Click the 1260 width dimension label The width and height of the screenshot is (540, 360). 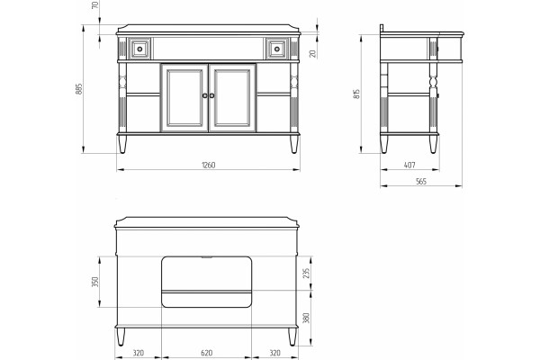click(209, 165)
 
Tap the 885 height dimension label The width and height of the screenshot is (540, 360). click(79, 89)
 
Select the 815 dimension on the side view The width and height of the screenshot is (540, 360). click(356, 94)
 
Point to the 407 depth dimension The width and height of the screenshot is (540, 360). click(409, 165)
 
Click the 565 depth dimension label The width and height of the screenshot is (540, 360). click(421, 181)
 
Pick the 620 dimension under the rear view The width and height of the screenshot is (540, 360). click(206, 353)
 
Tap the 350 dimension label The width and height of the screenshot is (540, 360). click(95, 282)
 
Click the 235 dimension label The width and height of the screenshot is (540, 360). click(306, 273)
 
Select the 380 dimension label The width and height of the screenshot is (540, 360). click(306, 318)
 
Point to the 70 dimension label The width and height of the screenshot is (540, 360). click(95, 4)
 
